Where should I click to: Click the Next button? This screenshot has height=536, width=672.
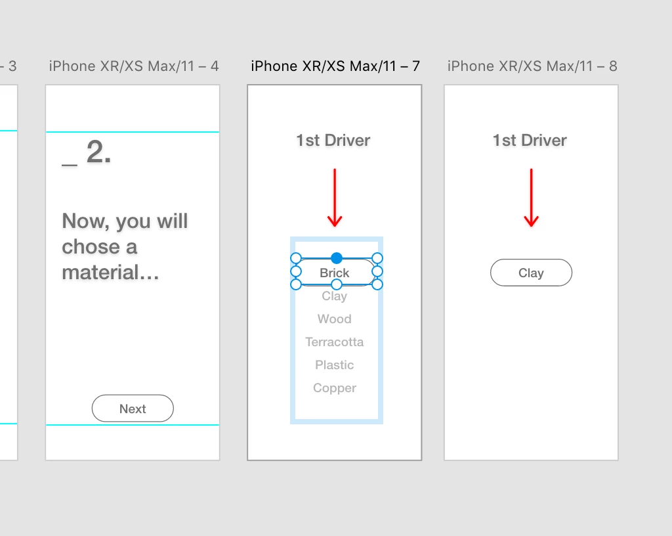coord(133,408)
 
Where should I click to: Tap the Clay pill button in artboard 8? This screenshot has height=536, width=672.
coord(531,273)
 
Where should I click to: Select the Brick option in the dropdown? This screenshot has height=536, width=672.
coord(334,273)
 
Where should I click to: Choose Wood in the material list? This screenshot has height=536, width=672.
coord(334,319)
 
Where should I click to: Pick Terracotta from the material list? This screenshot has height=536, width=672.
coord(334,342)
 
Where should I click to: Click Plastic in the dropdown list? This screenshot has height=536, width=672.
coord(334,365)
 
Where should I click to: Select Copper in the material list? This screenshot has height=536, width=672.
coord(334,388)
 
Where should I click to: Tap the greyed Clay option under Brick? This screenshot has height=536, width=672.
coord(334,296)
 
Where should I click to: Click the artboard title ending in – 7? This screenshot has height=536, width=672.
coord(335,66)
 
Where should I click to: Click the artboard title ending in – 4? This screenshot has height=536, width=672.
coord(134,66)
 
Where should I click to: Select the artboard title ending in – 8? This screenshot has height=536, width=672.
coord(532,66)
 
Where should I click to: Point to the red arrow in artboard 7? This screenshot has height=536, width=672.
coord(335,197)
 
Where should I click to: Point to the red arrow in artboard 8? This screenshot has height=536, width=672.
coord(532,197)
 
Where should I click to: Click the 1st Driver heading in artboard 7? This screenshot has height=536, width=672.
coord(333,140)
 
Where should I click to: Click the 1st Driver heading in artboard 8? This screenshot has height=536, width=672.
coord(530,140)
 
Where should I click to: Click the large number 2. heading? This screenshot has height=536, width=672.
coord(98,152)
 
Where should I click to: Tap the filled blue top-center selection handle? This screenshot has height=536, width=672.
coord(337,258)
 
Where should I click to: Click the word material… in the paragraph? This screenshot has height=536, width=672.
coord(110,273)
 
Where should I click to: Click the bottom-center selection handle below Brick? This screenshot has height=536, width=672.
coord(337,284)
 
